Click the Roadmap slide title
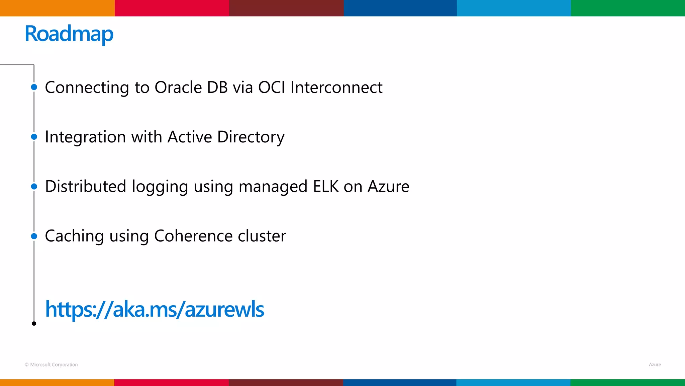point(69,34)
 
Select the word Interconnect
point(336,87)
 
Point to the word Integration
point(85,137)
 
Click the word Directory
point(251,137)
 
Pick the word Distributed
point(85,186)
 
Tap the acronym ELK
point(326,186)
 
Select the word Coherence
point(193,236)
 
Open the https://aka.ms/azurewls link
point(155,309)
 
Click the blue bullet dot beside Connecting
point(34,87)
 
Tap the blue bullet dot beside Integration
point(34,137)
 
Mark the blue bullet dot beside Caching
point(34,236)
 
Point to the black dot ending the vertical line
point(34,323)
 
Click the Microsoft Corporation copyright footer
point(51,365)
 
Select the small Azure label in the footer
point(655,365)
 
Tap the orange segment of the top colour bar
point(57,8)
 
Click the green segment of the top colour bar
point(628,8)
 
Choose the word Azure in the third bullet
point(388,186)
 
